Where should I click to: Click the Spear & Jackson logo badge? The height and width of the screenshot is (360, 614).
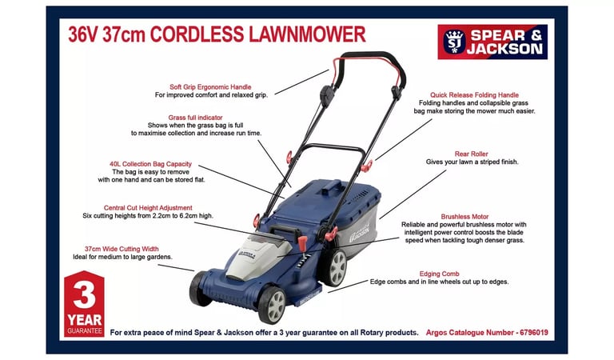pos(492,42)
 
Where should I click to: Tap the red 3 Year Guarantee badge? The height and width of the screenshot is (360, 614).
pos(84,303)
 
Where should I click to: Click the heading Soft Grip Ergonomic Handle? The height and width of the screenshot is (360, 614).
pos(210,87)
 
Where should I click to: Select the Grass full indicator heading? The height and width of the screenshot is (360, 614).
pos(195,118)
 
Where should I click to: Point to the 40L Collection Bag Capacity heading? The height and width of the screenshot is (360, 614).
pos(151,164)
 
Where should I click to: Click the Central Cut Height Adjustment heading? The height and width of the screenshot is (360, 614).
pos(148,208)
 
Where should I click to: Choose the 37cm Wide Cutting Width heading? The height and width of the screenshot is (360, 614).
pos(122,249)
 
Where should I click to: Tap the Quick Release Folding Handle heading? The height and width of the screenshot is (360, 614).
pos(474,94)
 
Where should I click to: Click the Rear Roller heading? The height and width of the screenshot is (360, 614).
pos(472,154)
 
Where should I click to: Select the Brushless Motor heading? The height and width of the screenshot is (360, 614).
pos(464,217)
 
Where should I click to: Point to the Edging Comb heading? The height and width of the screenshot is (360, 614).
pos(440,274)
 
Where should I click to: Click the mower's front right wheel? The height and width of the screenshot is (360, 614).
pos(273,304)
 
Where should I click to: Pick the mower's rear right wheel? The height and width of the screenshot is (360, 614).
pos(336,267)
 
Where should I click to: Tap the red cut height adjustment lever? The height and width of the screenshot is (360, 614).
pos(302,243)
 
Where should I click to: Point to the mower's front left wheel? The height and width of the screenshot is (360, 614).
pos(200,289)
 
